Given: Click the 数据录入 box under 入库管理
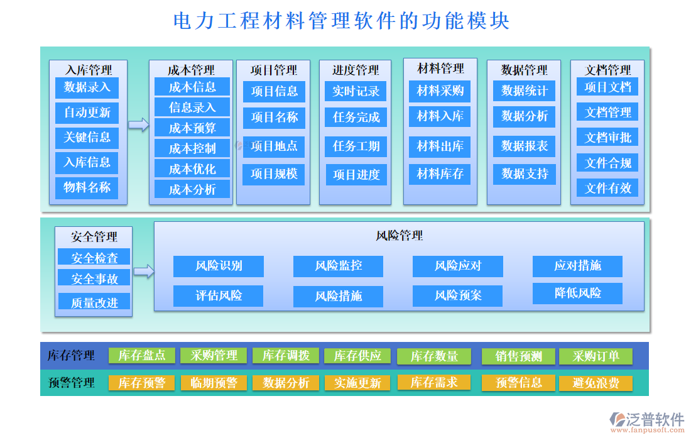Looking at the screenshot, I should click(87, 87).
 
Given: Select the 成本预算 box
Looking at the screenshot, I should click(192, 128).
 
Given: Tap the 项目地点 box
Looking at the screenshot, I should click(274, 146).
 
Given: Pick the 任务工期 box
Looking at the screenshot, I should click(356, 146).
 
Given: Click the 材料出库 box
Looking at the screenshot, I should click(440, 146).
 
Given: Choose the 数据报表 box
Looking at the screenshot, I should click(525, 146).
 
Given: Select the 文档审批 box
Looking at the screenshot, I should click(607, 137).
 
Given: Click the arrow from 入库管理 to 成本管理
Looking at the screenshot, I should click(138, 125).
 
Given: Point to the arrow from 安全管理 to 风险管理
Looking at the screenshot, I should click(144, 272).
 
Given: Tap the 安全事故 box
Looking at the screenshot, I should click(94, 278).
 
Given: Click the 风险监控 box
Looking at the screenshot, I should click(338, 266).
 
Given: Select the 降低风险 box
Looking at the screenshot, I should click(577, 293).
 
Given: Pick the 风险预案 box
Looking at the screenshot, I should click(457, 295).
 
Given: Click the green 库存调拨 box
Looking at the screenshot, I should click(285, 356).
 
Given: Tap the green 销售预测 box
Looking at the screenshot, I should click(518, 356).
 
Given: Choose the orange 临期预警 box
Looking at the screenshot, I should click(214, 383).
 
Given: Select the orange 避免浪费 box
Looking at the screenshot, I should click(595, 383).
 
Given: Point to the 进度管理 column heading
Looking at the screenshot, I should click(356, 70).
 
